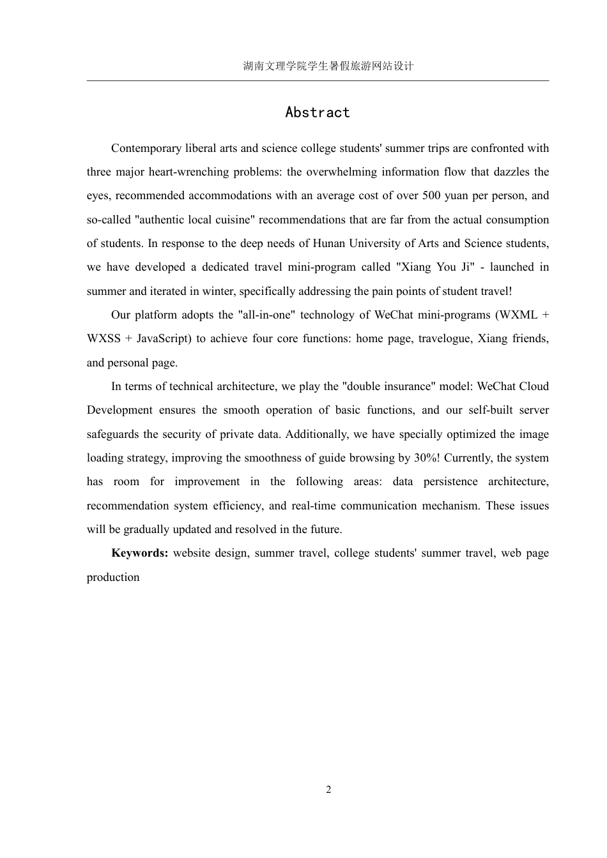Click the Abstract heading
(x=318, y=112)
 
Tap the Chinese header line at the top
(x=328, y=66)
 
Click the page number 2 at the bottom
(x=328, y=790)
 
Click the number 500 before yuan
(x=433, y=196)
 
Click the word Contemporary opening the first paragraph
(x=146, y=148)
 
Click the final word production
(x=113, y=577)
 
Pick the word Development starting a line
(x=119, y=410)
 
